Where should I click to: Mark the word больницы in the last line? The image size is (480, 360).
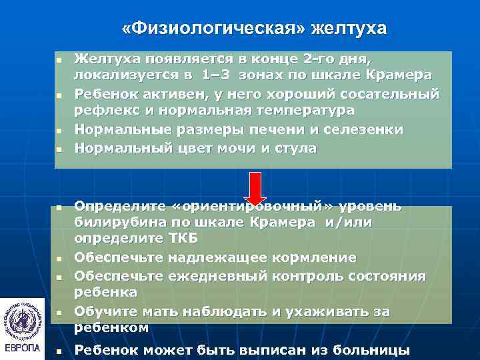tap(368, 350)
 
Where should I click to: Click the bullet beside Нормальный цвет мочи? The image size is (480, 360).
tap(58, 149)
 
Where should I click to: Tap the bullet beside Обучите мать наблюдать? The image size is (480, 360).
tap(58, 311)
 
